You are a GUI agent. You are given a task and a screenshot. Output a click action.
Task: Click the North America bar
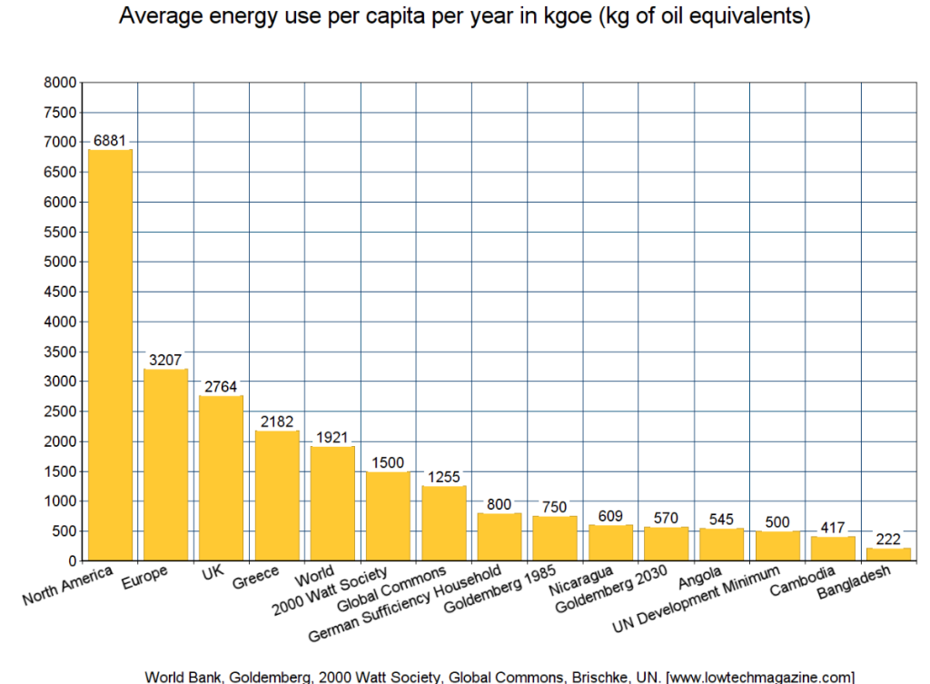110,355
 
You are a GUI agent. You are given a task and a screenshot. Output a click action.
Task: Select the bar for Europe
166,464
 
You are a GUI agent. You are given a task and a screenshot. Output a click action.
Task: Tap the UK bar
222,478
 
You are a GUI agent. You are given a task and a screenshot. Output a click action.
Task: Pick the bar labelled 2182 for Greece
277,495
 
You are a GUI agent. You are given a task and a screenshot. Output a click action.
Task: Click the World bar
332,503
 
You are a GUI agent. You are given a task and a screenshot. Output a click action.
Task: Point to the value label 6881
110,141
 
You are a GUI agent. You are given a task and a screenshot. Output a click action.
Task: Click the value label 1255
444,477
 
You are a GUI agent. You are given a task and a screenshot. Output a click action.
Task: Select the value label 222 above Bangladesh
888,539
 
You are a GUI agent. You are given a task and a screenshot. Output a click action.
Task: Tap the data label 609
611,516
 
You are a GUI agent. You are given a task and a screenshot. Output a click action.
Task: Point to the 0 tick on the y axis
71,560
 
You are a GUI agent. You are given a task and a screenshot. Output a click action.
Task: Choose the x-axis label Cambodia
803,580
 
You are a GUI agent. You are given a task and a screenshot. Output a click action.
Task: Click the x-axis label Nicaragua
582,581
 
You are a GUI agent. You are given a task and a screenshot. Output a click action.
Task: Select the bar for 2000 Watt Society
389,516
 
